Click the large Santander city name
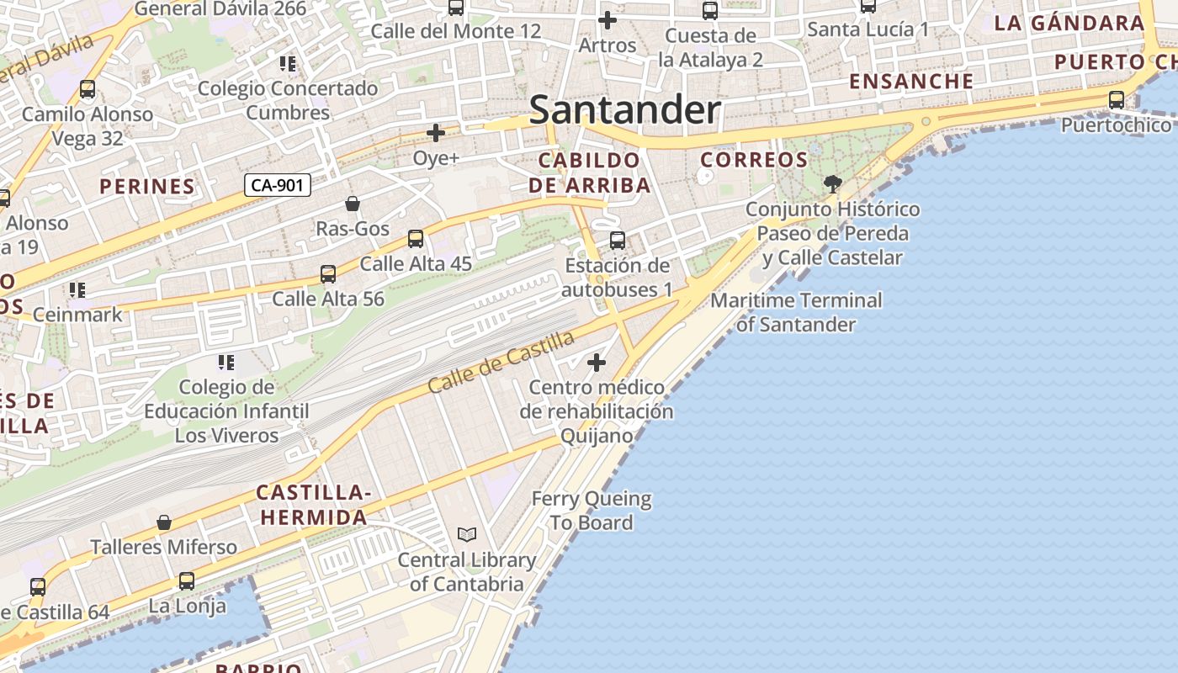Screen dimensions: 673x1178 click(624, 110)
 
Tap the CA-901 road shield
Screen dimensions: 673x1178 click(277, 185)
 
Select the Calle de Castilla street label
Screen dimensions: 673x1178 click(501, 362)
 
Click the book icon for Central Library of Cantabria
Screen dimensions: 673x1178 click(466, 534)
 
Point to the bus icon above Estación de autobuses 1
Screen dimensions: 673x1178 click(617, 241)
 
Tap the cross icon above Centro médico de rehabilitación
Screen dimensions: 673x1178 click(597, 363)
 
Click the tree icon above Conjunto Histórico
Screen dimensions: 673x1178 click(832, 183)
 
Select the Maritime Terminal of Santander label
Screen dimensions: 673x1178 click(796, 312)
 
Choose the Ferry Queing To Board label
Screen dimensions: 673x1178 click(591, 511)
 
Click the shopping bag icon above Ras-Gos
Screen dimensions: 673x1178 click(353, 204)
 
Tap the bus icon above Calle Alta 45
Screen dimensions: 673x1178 click(415, 239)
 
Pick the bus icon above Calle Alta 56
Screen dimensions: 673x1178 click(327, 274)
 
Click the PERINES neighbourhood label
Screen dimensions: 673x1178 click(147, 186)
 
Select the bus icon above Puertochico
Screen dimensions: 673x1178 click(1116, 100)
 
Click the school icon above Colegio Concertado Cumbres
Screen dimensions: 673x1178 click(288, 64)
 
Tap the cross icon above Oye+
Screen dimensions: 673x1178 click(435, 133)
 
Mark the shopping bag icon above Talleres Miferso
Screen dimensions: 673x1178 click(164, 522)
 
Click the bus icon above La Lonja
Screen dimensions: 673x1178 click(187, 581)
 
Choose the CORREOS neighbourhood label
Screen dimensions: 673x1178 click(754, 159)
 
